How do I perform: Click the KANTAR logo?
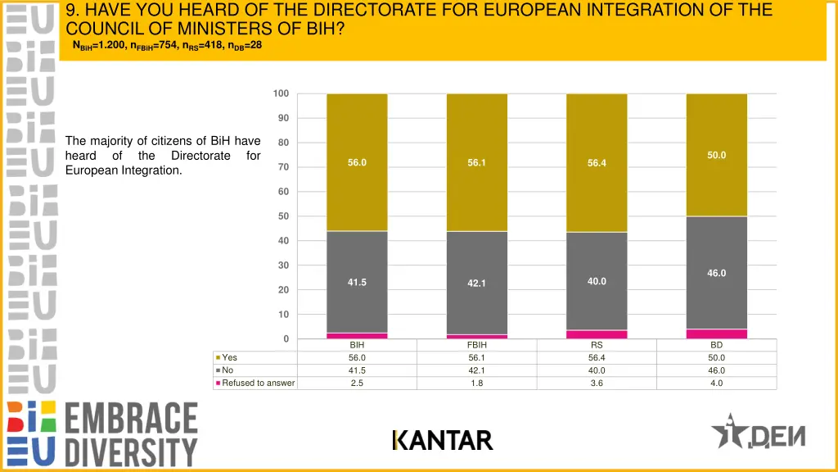[x=443, y=441]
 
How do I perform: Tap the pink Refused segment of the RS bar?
[x=597, y=334]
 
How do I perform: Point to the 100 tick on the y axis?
[x=281, y=93]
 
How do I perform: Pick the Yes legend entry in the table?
[x=229, y=357]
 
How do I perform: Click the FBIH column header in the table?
[x=477, y=345]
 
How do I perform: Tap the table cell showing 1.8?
[x=477, y=383]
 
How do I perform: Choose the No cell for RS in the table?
[x=597, y=370]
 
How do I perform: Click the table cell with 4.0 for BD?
[x=717, y=383]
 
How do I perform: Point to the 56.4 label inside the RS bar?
[x=597, y=163]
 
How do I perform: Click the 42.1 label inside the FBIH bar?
[x=477, y=284]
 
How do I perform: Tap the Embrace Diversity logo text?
[x=131, y=434]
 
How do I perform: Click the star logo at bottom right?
[x=728, y=432]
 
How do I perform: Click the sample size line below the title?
[x=167, y=45]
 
